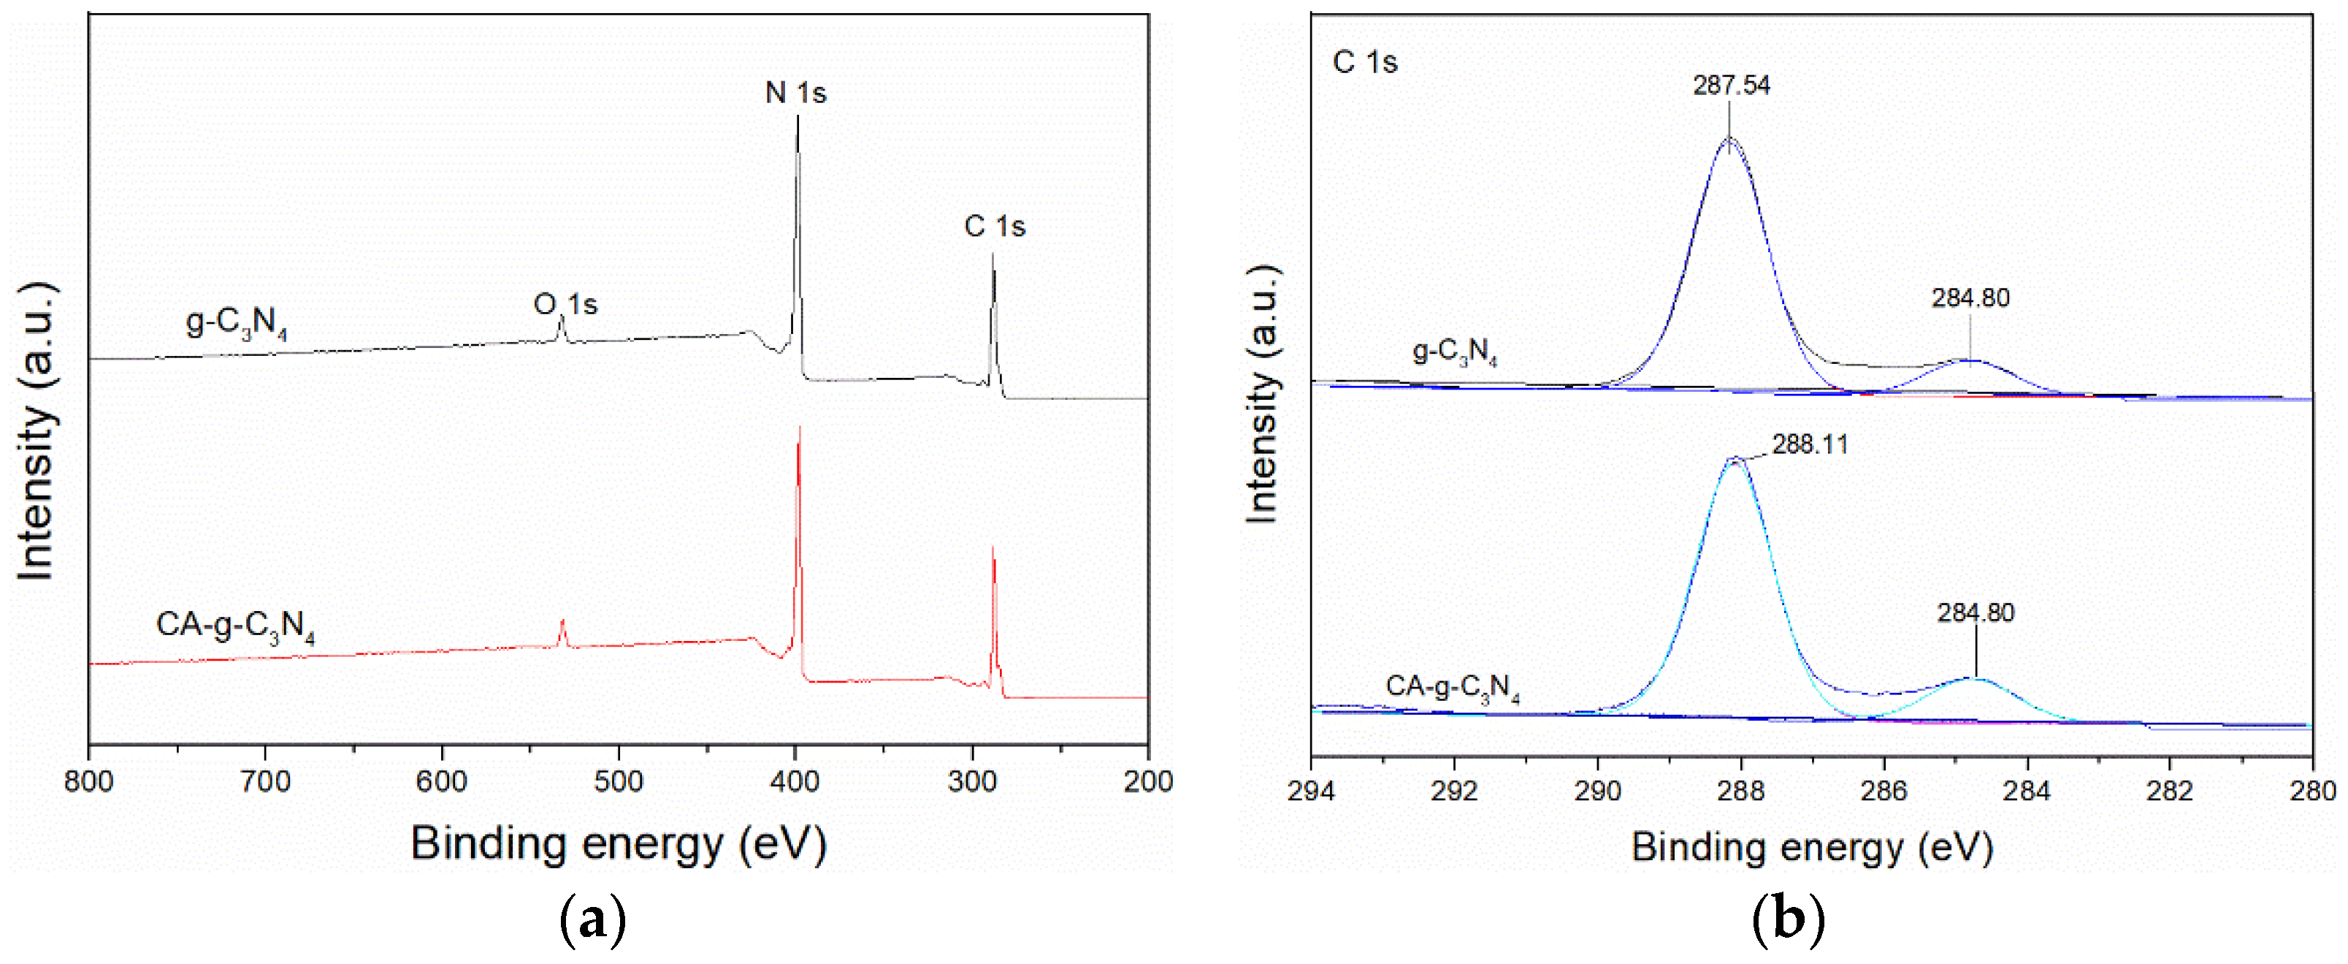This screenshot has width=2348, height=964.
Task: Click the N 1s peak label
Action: coord(796,93)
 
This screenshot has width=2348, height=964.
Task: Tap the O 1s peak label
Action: coord(565,304)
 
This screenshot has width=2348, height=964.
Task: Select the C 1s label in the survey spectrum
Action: coord(995,226)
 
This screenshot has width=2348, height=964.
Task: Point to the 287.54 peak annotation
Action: coord(1731,86)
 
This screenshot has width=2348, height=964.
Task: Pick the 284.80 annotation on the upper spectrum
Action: coord(1970,298)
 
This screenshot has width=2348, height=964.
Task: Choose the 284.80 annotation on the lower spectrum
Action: coord(1976,613)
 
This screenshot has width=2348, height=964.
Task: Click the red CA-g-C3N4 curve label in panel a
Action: coord(235,626)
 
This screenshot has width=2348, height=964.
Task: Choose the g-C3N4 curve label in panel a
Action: coord(236,323)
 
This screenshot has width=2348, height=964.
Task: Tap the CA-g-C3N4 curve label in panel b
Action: coord(1452,688)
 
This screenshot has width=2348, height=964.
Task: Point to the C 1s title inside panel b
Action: coord(1364,62)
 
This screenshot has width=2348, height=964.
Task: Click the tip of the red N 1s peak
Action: coord(800,427)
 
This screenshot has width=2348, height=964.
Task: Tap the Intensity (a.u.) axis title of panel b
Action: coord(1263,394)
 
